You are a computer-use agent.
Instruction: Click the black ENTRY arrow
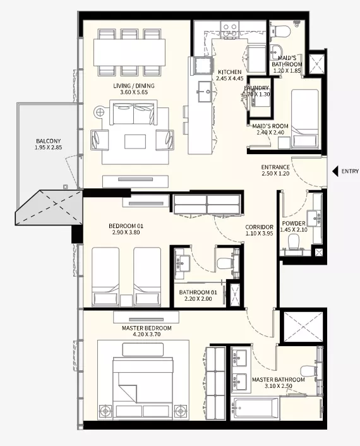pyautogui.click(x=335, y=171)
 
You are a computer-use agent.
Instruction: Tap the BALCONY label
pyautogui.click(x=49, y=141)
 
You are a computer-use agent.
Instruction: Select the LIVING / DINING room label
pyautogui.click(x=134, y=86)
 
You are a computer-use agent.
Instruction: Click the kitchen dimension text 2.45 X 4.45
pyautogui.click(x=230, y=78)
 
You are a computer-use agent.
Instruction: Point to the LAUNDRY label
pyautogui.click(x=256, y=88)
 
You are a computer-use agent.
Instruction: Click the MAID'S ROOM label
pyautogui.click(x=270, y=126)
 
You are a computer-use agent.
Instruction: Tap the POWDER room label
pyautogui.click(x=294, y=223)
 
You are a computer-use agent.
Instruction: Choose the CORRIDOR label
pyautogui.click(x=260, y=227)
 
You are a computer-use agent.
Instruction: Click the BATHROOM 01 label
pyautogui.click(x=198, y=292)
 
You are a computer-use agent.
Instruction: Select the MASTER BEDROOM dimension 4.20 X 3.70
pyautogui.click(x=147, y=335)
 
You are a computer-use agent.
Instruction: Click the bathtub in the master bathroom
pyautogui.click(x=255, y=409)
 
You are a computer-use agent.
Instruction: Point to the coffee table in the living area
pyautogui.click(x=135, y=142)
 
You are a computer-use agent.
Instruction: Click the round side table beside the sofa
pyautogui.click(x=100, y=112)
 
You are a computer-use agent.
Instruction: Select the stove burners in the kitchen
pyautogui.click(x=230, y=30)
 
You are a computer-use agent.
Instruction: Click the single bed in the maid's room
pyautogui.click(x=305, y=119)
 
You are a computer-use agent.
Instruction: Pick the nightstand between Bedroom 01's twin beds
pyautogui.click(x=126, y=301)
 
